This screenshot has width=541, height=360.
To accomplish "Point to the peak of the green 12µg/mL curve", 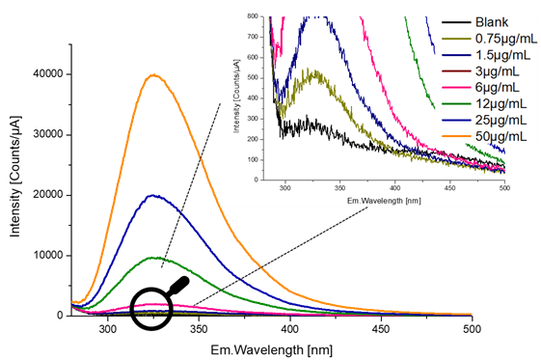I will click(x=155, y=258).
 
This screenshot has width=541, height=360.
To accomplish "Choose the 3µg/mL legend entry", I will click(x=493, y=70).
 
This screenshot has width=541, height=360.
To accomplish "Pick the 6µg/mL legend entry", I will click(x=493, y=87).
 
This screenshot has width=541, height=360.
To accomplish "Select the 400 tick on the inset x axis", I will click(x=394, y=188).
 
